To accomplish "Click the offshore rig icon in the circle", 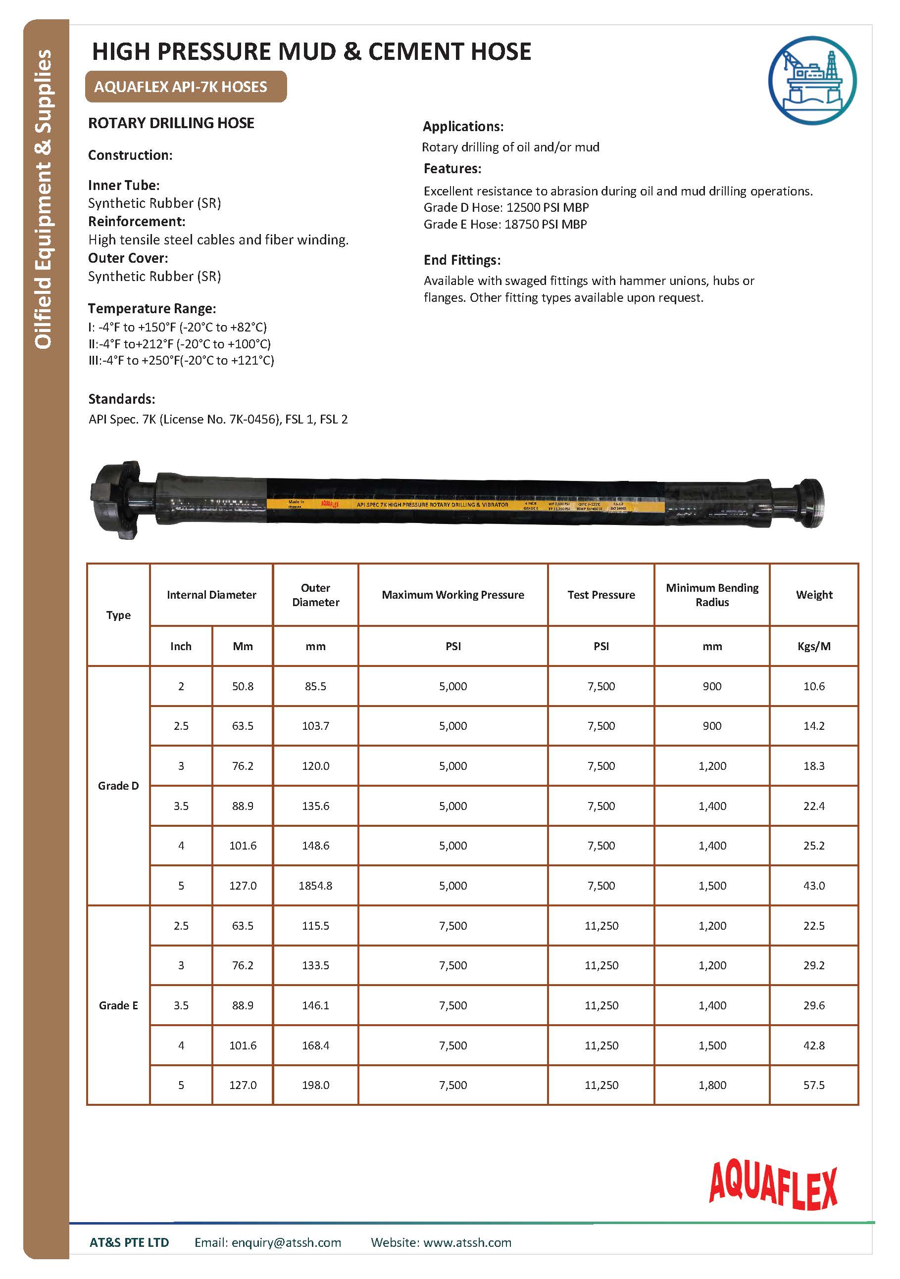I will pyautogui.click(x=812, y=80).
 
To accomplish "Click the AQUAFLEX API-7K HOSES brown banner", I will pyautogui.click(x=186, y=87).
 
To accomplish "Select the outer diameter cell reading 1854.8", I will pyautogui.click(x=315, y=885).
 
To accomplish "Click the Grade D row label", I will pyautogui.click(x=118, y=785).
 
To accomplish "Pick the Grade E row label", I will pyautogui.click(x=118, y=1005).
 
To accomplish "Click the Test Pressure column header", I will pyautogui.click(x=601, y=594).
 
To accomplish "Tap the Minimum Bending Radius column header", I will pyautogui.click(x=712, y=594).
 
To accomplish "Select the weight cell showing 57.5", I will pyautogui.click(x=814, y=1085).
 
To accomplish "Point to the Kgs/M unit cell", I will pyautogui.click(x=814, y=646).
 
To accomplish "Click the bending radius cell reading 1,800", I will pyautogui.click(x=712, y=1085).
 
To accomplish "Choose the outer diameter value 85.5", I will pyautogui.click(x=315, y=686).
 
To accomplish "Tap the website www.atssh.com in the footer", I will pyautogui.click(x=467, y=1242).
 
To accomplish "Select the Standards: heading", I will pyautogui.click(x=121, y=399).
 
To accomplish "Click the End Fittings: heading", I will pyautogui.click(x=462, y=260).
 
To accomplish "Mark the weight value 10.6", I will pyautogui.click(x=814, y=686).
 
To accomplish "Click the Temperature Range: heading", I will pyautogui.click(x=151, y=309).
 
